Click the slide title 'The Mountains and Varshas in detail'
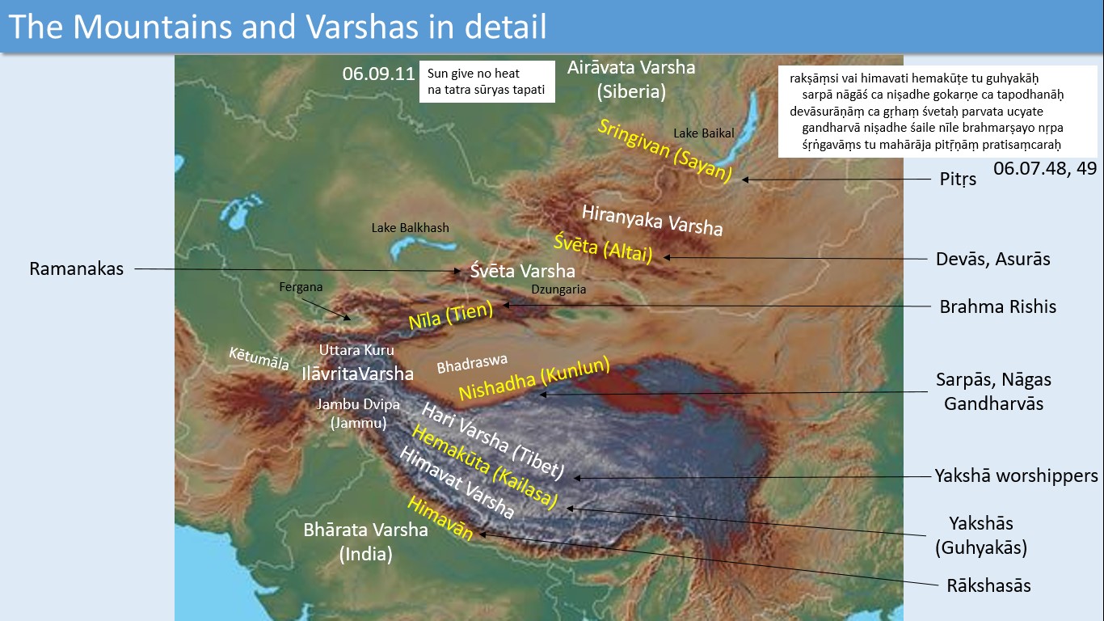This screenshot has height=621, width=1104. (278, 27)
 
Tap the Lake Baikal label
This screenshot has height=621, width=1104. (703, 133)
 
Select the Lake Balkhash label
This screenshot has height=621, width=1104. (410, 228)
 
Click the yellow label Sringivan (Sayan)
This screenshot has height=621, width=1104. (664, 150)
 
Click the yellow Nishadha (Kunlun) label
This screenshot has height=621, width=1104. (533, 378)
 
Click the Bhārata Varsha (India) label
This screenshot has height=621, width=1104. (365, 542)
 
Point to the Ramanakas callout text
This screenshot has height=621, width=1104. (77, 268)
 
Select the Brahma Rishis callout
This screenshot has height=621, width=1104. (997, 306)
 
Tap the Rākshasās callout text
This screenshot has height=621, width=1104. (988, 585)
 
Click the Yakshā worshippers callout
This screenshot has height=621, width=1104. (1016, 475)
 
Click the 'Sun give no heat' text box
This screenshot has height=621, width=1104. (487, 81)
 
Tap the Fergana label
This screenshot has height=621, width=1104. (301, 287)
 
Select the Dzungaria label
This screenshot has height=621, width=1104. (558, 289)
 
